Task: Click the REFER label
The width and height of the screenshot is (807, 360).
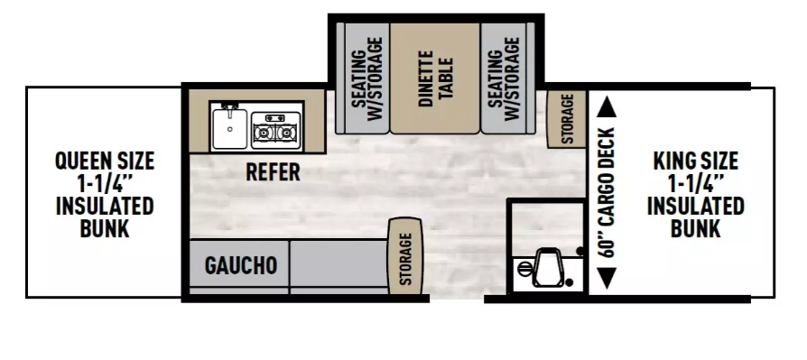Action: point(273,172)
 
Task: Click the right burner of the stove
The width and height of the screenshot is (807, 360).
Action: point(288,133)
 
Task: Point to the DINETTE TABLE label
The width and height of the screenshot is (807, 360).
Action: point(435,70)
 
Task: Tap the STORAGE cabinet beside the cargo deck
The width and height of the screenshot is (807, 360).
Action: point(567,118)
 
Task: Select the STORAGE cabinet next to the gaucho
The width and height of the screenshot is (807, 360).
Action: point(405,256)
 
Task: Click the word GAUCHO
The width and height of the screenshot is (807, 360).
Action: point(240,266)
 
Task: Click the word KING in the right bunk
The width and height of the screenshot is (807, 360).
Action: point(674,162)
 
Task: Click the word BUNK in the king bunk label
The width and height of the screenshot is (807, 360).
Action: point(695,228)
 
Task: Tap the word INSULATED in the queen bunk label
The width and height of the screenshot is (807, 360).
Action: point(105,206)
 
